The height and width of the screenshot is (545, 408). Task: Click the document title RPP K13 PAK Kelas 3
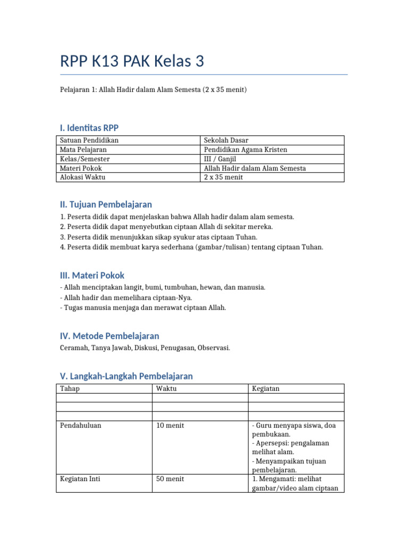point(132,62)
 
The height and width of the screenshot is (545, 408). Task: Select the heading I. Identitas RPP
point(89,128)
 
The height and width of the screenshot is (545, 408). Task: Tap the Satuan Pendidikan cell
point(89,141)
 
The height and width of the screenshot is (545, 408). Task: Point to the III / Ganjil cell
point(220,159)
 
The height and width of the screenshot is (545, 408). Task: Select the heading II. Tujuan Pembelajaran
point(106,204)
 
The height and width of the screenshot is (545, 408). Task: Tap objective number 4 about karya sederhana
point(191,247)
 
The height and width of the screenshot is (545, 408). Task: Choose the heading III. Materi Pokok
point(92,276)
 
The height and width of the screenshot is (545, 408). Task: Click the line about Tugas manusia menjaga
point(143,308)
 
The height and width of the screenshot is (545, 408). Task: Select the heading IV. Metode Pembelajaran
point(109,336)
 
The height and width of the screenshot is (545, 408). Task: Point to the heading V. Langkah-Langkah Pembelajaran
point(126,376)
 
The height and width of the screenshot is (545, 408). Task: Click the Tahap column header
point(70,389)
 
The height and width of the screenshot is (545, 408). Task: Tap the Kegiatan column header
point(266,389)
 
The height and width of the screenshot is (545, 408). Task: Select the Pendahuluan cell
point(81,426)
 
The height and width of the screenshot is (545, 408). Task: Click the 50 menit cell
point(170,479)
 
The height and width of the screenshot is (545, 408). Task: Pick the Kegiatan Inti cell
point(80,479)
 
